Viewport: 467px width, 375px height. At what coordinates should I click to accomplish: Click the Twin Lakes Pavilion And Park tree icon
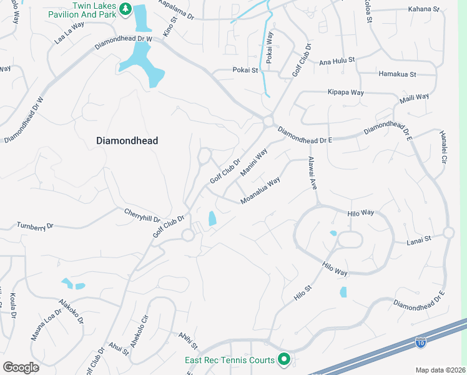[x=125, y=9]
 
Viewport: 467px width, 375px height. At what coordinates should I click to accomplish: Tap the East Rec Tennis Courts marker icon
[x=284, y=359]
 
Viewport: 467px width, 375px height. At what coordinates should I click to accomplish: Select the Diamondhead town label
[x=127, y=141]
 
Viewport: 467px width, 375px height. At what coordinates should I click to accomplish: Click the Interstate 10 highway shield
[x=421, y=342]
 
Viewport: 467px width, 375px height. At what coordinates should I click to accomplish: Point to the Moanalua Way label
[x=260, y=191]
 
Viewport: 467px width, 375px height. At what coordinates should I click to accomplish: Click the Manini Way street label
[x=253, y=162]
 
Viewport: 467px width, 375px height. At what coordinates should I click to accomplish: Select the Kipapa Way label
[x=345, y=92]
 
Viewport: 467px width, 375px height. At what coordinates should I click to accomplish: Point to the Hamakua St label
[x=397, y=74]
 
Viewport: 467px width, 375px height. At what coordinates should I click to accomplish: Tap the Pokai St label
[x=245, y=71]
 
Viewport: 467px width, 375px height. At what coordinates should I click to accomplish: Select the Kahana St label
[x=423, y=9]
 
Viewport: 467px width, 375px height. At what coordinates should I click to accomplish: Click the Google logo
[x=21, y=367]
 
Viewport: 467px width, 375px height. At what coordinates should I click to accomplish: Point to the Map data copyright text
[x=440, y=370]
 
